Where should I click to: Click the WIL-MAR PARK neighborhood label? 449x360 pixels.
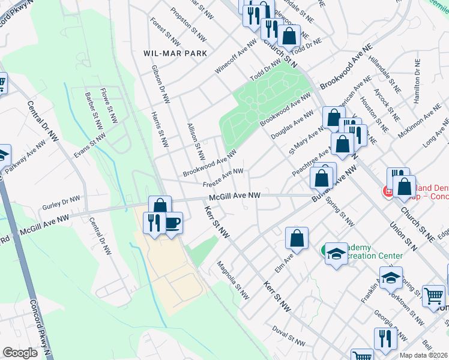(x=175, y=53)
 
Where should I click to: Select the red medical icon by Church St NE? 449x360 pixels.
(x=388, y=191)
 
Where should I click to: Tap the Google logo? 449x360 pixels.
(x=20, y=353)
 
